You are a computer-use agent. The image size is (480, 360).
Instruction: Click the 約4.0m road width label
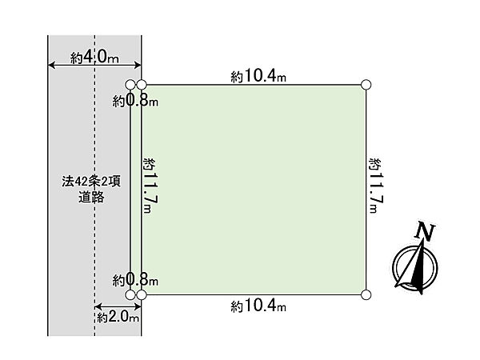tap(94, 57)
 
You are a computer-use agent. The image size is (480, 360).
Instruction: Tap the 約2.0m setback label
tap(118, 317)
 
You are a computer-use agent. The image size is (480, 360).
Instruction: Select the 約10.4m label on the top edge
tap(258, 76)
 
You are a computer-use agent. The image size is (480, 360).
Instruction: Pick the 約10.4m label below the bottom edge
tap(258, 306)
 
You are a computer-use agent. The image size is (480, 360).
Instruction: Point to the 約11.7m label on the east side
tap(377, 186)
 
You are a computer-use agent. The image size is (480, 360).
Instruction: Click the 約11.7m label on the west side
tap(151, 186)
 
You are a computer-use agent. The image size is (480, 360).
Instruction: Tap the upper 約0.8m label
tap(135, 101)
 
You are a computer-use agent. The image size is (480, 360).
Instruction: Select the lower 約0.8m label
tap(135, 280)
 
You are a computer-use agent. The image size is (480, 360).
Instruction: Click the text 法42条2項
tap(91, 182)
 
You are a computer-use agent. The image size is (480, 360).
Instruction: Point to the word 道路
tap(91, 197)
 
